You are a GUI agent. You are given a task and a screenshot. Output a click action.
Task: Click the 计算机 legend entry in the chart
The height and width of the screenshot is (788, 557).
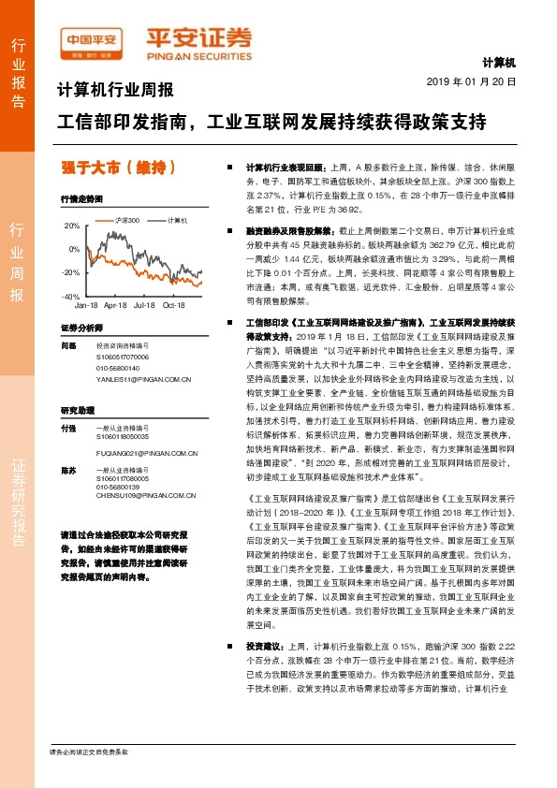point(177,221)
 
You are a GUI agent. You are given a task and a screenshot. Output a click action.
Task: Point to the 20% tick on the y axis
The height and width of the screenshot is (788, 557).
point(72,226)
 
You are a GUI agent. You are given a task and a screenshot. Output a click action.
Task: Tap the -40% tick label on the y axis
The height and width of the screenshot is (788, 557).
point(70,296)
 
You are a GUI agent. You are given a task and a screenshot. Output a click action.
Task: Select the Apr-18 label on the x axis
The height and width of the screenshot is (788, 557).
point(115,305)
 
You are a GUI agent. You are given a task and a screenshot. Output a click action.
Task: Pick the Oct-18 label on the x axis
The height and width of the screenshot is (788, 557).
point(174,305)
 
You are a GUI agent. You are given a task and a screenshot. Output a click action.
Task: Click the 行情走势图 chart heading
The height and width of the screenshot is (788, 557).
point(81,199)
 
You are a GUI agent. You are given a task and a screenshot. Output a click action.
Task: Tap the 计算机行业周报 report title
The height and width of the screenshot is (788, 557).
point(116,91)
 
